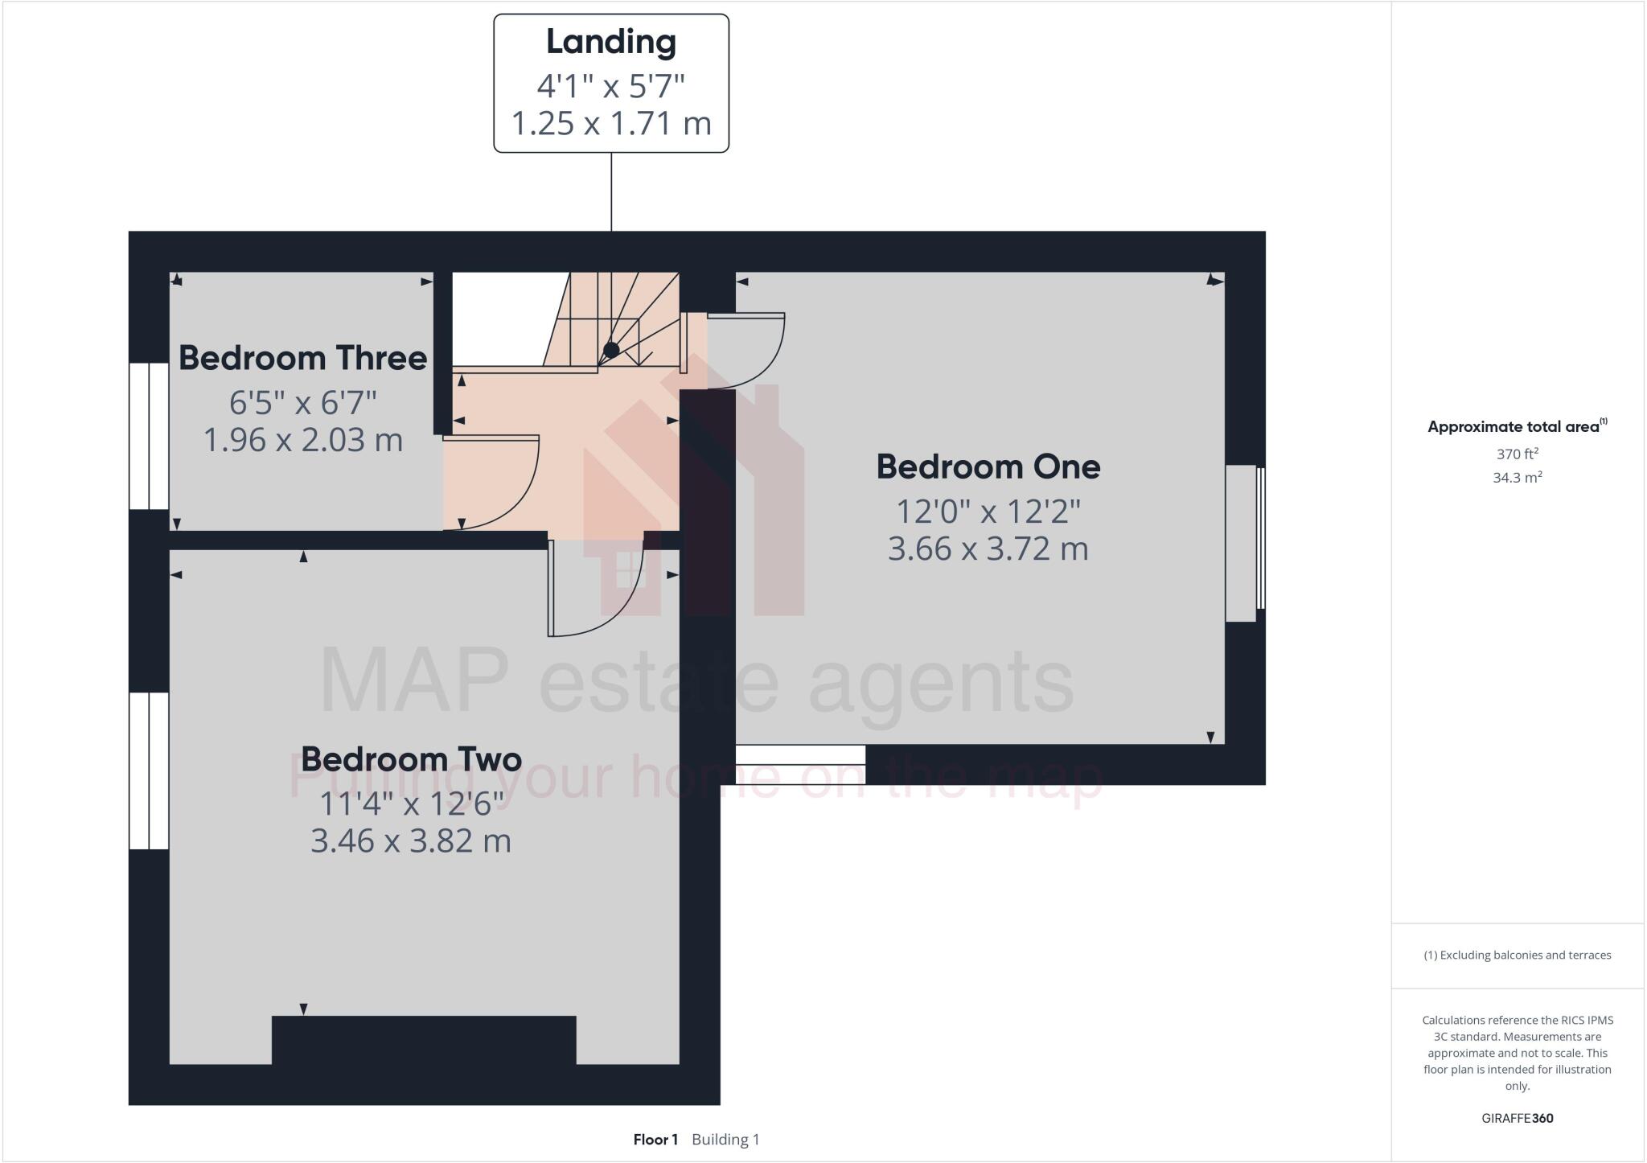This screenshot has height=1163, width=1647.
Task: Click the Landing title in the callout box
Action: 610,43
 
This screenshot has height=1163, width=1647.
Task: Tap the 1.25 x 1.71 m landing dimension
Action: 610,124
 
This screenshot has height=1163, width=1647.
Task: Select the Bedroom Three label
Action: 302,358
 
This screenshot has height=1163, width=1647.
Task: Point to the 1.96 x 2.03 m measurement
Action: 302,441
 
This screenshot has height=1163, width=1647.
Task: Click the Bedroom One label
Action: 988,467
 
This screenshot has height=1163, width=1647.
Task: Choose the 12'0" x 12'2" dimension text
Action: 988,512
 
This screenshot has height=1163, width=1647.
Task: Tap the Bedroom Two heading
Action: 411,759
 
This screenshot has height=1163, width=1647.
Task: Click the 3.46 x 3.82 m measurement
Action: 411,841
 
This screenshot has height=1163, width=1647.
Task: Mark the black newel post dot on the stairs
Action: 611,350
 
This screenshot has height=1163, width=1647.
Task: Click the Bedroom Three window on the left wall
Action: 149,436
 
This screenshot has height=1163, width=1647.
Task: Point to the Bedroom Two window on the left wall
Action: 149,771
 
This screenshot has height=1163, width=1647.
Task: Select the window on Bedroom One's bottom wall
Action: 800,764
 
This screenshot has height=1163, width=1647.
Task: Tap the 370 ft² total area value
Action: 1517,454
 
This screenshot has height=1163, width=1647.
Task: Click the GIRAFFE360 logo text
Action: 1517,1118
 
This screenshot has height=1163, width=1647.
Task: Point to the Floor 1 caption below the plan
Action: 655,1140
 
